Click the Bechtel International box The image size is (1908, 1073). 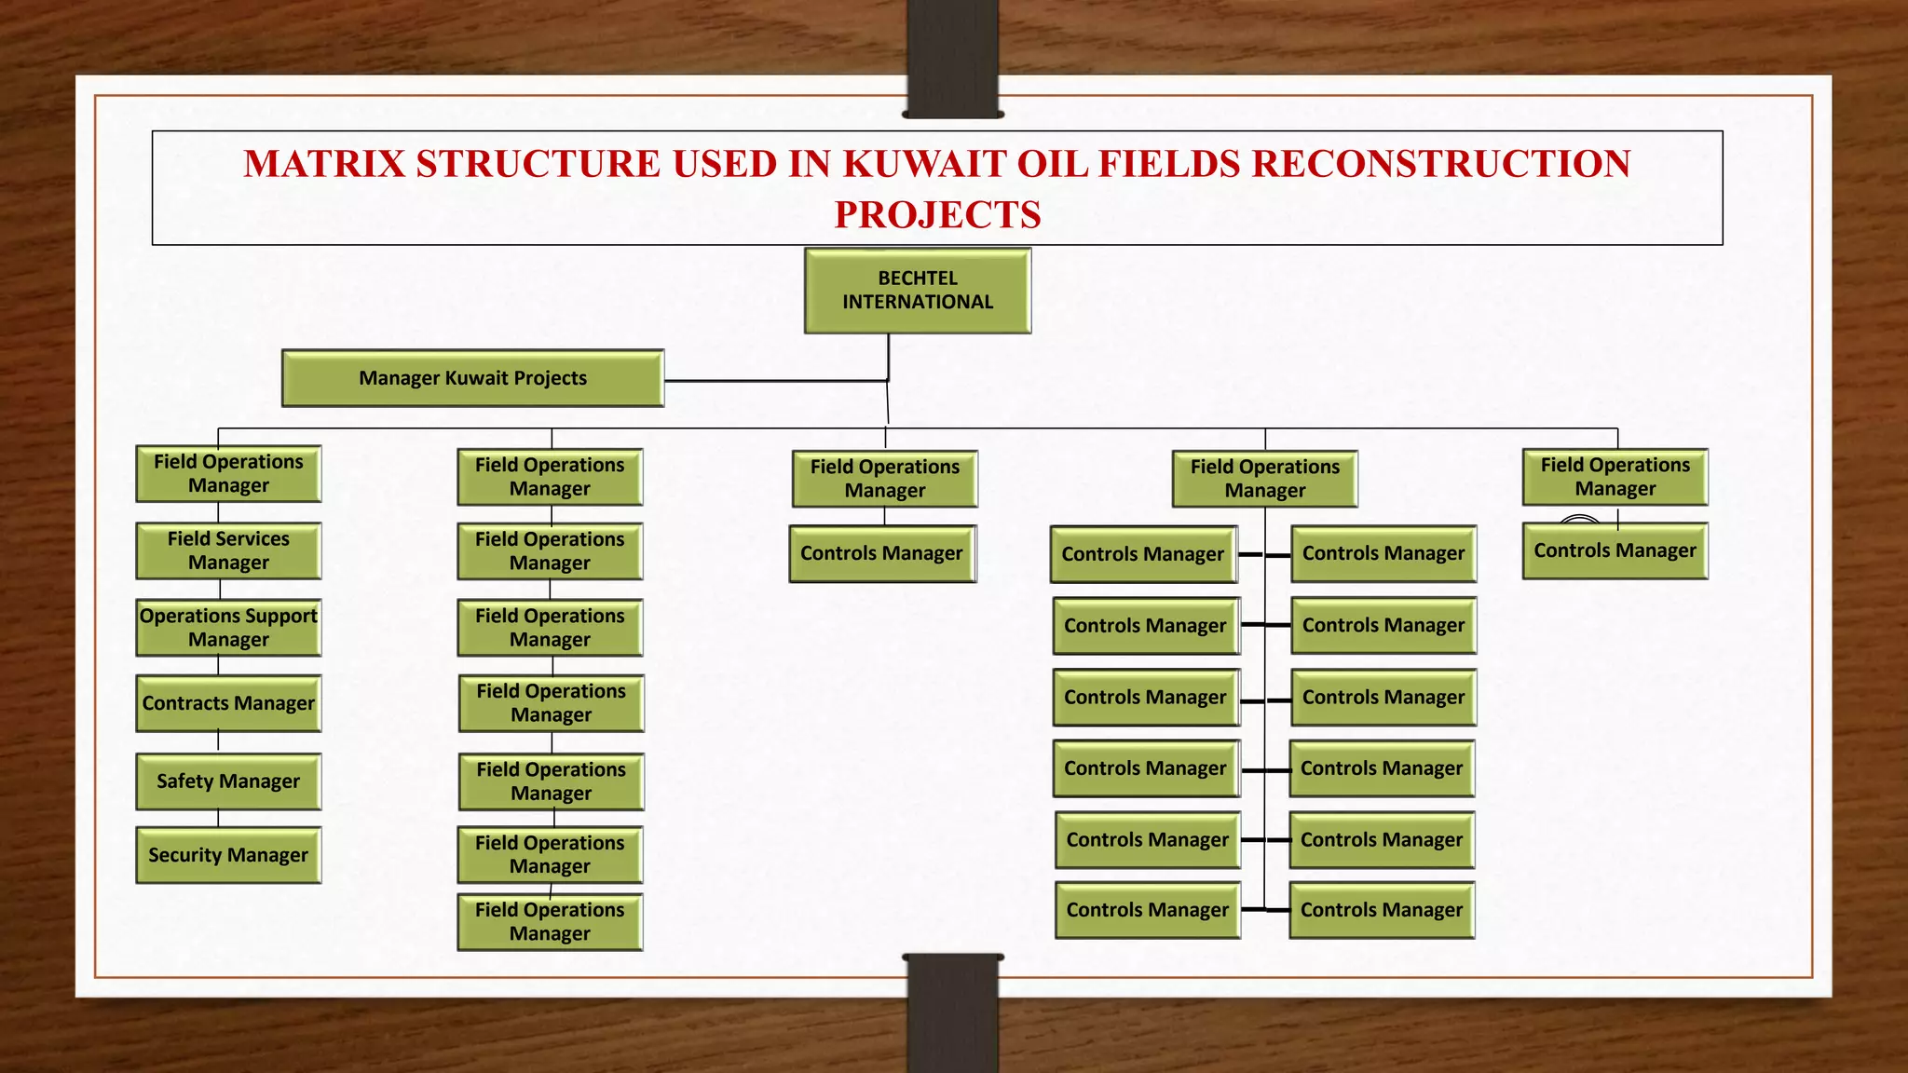(x=918, y=290)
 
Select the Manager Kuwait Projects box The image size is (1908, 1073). (x=472, y=378)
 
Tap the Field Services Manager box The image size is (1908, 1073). (x=228, y=550)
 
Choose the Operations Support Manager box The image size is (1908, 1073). (x=228, y=628)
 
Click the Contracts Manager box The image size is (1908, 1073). (x=228, y=703)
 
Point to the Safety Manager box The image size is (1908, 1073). (x=228, y=781)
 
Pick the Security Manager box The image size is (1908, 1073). (x=228, y=855)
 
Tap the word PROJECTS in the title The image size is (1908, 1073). (x=937, y=215)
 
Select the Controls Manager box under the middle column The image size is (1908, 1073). (x=882, y=554)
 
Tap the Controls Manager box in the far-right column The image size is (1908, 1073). (x=1615, y=551)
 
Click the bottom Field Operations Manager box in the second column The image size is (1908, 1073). (x=550, y=922)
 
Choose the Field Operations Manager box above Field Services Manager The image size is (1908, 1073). (x=228, y=474)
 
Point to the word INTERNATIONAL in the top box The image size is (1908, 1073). (x=918, y=303)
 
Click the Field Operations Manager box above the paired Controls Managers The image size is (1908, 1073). (x=1264, y=479)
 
